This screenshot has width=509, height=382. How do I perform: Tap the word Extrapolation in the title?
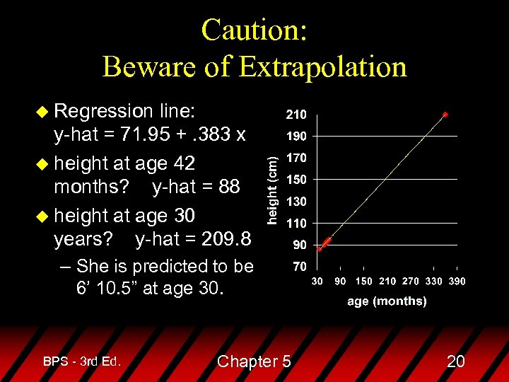323,66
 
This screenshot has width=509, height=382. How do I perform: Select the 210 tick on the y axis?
296,113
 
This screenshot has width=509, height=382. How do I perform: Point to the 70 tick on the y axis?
300,267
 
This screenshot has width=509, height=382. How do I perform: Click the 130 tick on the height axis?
296,202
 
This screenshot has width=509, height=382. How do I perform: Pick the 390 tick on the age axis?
456,281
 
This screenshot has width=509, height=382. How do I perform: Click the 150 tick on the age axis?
364,281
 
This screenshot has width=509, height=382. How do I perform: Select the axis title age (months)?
387,301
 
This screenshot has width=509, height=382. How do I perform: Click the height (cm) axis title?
271,189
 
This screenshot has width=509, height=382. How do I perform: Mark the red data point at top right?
445,114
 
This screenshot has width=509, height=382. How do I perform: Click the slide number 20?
456,361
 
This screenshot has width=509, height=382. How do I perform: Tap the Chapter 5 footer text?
254,361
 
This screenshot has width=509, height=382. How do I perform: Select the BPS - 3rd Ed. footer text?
82,361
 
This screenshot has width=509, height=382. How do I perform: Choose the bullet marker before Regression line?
43,111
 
